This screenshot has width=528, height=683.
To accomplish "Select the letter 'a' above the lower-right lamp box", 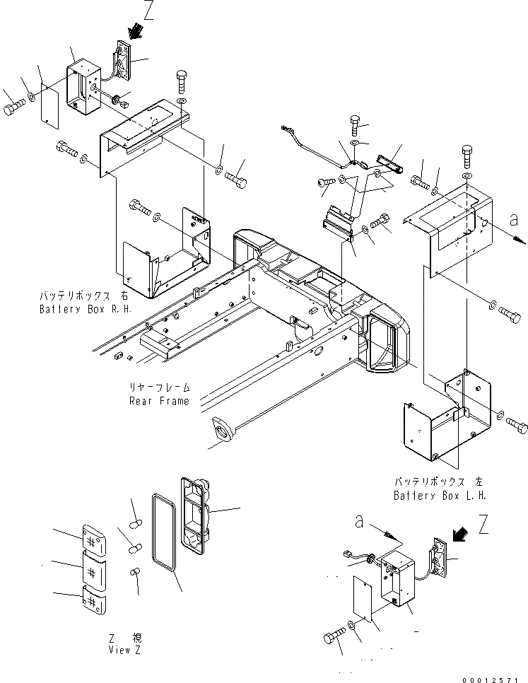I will pyautogui.click(x=360, y=522).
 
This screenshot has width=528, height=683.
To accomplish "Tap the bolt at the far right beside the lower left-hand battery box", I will pyautogui.click(x=516, y=423).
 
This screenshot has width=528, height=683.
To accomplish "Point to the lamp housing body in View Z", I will pyautogui.click(x=194, y=508).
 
